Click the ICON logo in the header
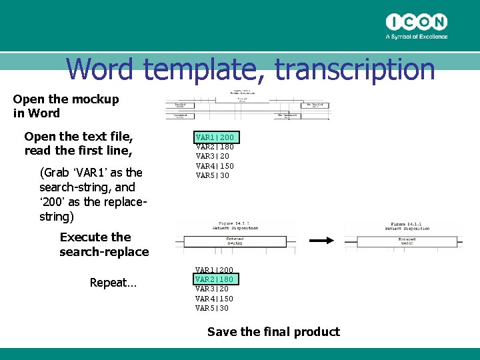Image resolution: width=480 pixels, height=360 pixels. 417,22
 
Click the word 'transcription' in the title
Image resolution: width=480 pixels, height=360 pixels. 355,69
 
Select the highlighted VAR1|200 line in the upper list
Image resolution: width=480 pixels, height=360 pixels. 215,137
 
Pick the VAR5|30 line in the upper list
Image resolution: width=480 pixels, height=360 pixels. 213,175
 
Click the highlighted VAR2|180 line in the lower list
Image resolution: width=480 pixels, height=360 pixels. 214,279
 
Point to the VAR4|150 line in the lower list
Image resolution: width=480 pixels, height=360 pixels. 214,298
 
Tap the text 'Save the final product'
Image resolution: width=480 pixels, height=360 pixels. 273,331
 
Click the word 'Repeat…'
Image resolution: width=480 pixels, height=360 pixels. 113,283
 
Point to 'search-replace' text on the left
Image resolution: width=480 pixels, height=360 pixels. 104,251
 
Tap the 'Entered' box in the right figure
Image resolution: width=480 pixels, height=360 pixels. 407,241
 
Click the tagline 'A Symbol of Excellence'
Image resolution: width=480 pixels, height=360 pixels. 417,37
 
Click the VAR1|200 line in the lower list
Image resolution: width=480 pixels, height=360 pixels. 214,269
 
